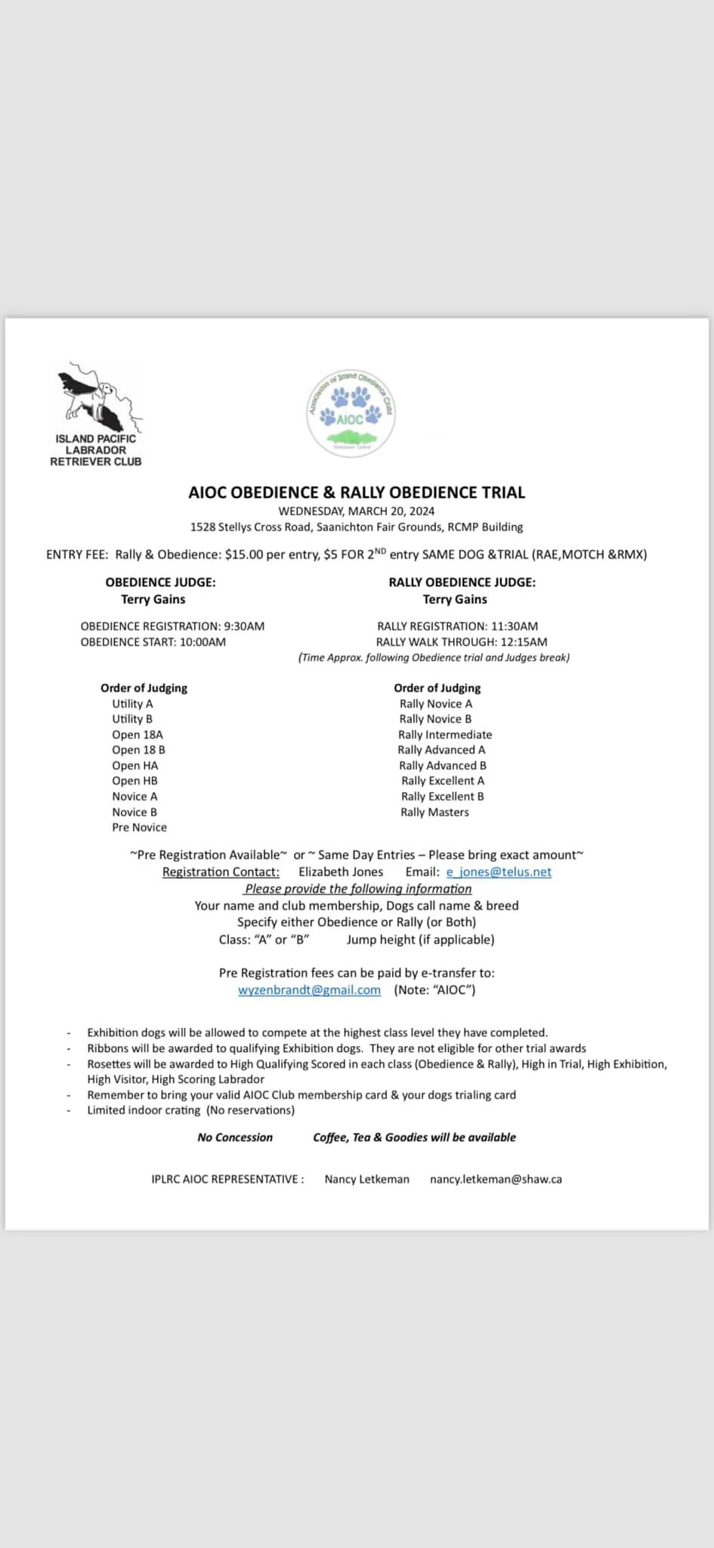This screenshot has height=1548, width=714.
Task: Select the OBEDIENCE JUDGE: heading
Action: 160,582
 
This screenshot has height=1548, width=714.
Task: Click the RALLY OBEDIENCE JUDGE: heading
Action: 462,582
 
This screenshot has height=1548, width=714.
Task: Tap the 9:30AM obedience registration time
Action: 244,626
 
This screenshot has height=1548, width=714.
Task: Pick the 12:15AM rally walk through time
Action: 524,642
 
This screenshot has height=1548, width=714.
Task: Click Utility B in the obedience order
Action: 132,719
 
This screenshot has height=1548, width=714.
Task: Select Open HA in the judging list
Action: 134,765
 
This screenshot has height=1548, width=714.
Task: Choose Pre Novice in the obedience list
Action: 139,827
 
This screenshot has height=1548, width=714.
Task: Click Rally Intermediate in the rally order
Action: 444,734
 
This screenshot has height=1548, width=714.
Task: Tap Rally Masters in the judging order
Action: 434,812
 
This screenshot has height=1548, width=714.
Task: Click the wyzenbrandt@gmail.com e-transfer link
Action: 309,989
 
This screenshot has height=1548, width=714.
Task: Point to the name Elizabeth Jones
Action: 341,872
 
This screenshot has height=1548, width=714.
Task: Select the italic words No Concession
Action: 234,1137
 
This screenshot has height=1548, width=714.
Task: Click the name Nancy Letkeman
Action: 366,1178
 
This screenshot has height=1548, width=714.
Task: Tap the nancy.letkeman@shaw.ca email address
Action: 496,1178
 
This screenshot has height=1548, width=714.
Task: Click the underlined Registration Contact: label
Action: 221,872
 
